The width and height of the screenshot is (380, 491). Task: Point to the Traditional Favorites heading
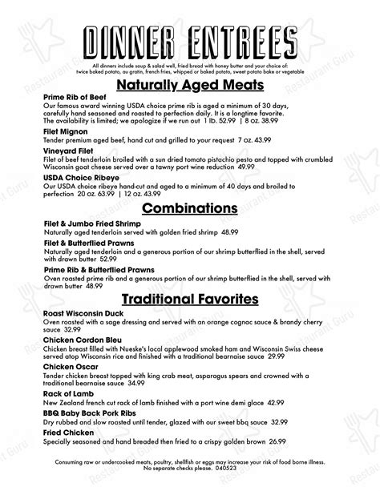coord(190,300)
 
